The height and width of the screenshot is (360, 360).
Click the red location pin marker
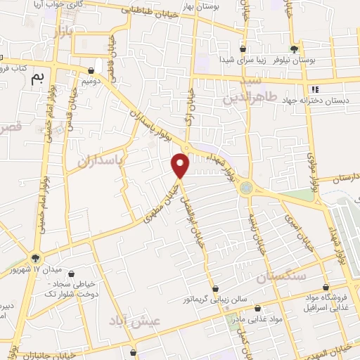(x=181, y=166)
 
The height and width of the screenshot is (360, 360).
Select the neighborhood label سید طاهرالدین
(x=259, y=91)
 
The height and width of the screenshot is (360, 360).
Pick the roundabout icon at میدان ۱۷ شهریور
(x=36, y=258)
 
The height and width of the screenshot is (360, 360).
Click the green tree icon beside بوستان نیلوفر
(x=294, y=49)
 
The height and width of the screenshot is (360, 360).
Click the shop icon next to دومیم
(x=91, y=70)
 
